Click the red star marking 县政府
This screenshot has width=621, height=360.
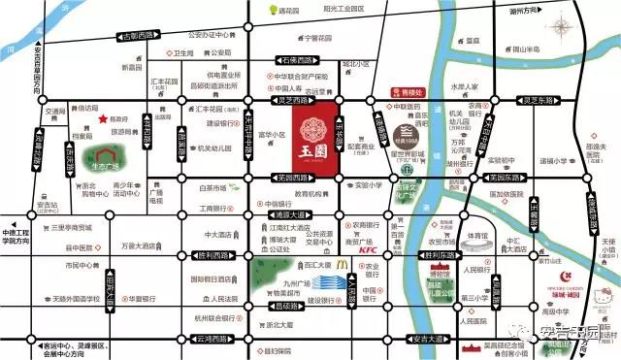[103, 118]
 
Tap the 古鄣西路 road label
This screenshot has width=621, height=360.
[142, 37]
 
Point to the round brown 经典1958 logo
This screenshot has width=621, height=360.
[407, 130]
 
